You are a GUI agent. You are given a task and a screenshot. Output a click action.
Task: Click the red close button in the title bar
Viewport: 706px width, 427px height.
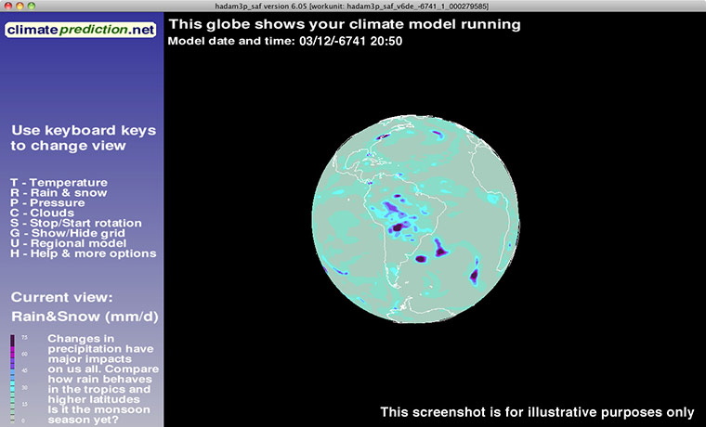tap(7, 6)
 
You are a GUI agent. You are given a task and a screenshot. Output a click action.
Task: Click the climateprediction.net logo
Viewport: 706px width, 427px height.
tap(81, 31)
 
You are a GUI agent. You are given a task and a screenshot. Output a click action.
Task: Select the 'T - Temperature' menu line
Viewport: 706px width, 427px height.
tap(59, 183)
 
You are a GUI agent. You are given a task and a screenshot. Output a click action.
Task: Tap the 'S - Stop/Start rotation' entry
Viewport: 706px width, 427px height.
tap(76, 224)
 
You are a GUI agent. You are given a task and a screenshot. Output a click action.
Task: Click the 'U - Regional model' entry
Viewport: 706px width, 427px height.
tap(67, 243)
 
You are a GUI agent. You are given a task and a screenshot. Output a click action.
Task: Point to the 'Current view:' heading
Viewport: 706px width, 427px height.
tap(61, 298)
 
